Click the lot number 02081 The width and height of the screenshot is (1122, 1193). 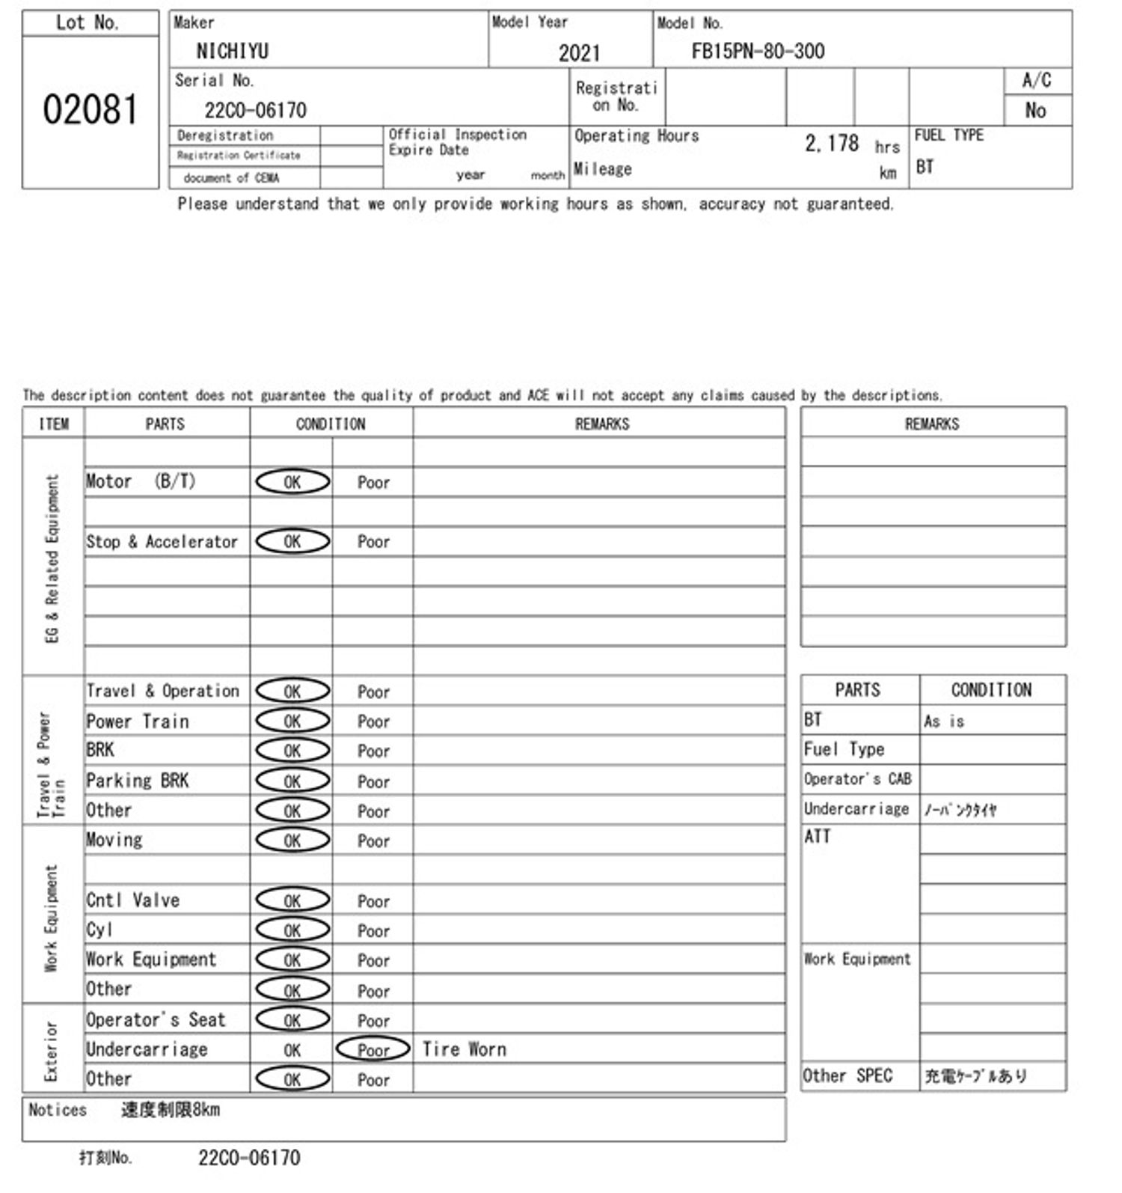click(x=90, y=110)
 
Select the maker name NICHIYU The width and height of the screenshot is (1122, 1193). click(x=232, y=51)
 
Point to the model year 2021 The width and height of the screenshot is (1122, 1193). click(x=579, y=52)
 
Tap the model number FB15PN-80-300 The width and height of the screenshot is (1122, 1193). click(x=758, y=51)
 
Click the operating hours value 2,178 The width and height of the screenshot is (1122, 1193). click(x=831, y=143)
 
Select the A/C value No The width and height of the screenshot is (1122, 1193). click(x=1035, y=111)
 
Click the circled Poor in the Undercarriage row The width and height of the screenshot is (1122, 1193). click(x=373, y=1049)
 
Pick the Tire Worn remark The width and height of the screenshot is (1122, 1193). click(x=464, y=1049)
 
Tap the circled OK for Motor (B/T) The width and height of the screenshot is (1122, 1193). click(x=292, y=482)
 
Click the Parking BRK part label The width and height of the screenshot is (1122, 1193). click(x=138, y=781)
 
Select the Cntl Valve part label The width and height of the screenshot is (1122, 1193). click(x=133, y=900)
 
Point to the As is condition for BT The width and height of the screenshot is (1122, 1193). click(x=944, y=721)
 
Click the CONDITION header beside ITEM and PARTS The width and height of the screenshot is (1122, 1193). click(x=331, y=424)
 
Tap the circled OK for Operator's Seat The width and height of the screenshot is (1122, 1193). click(x=292, y=1019)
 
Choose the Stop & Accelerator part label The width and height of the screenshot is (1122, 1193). click(x=162, y=542)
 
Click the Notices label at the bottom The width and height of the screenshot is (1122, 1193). click(x=57, y=1110)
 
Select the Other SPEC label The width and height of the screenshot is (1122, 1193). click(x=847, y=1075)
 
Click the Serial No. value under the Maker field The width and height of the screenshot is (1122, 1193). click(x=255, y=110)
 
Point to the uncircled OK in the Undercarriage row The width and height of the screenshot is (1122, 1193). click(x=292, y=1050)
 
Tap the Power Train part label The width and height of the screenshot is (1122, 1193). click(x=138, y=721)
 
